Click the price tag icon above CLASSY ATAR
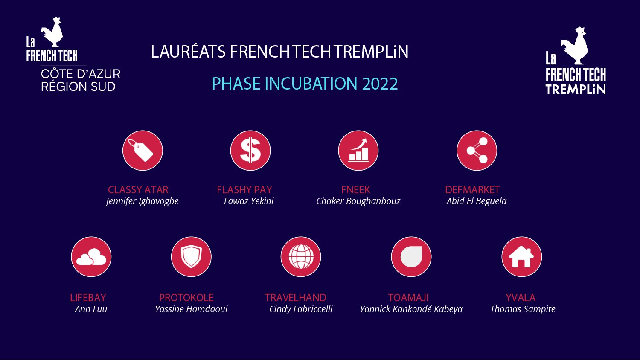tap(143, 151)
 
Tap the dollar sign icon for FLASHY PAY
tap(250, 151)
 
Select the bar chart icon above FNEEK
tap(358, 151)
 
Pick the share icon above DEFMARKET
tap(477, 151)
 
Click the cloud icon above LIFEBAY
tap(91, 257)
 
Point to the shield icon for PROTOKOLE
tap(191, 257)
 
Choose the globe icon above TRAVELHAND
tap(301, 257)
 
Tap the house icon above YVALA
tap(521, 257)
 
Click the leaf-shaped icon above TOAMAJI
tap(411, 257)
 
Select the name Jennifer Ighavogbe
tap(142, 201)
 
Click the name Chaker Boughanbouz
tap(358, 201)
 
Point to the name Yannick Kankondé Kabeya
tap(411, 309)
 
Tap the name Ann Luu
tap(91, 309)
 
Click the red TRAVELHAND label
tap(295, 298)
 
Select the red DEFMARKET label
tap(472, 190)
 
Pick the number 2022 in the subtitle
tap(380, 84)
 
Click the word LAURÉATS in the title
tap(188, 52)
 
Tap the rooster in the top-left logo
tap(52, 32)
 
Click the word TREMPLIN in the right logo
tap(576, 89)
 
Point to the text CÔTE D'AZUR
tap(81, 74)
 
